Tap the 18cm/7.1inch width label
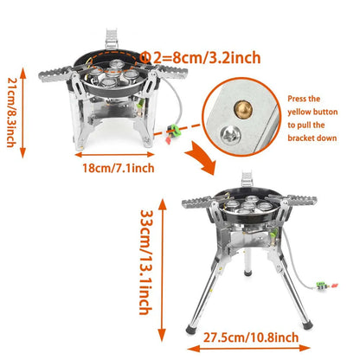click(x=118, y=167)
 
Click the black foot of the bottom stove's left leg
click(x=191, y=328)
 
